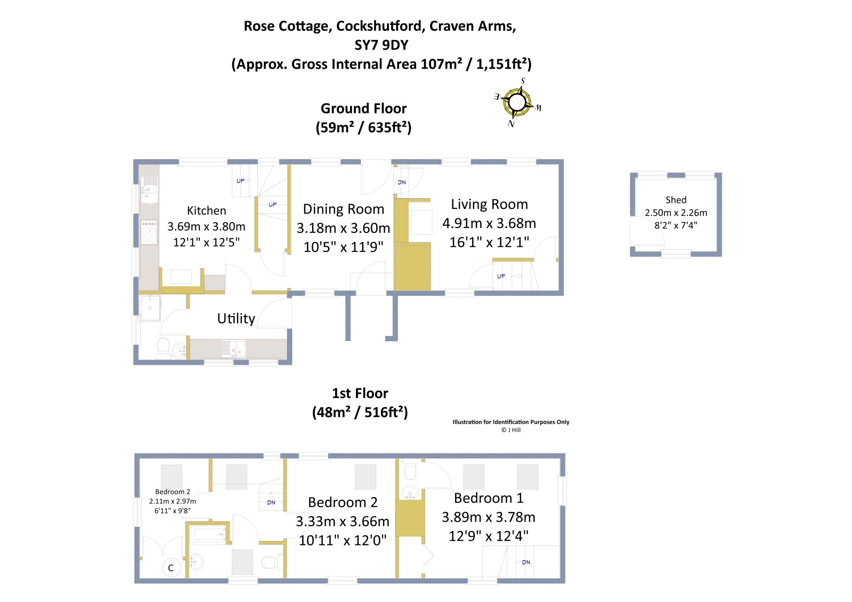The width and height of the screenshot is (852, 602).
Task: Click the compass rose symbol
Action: pyautogui.click(x=517, y=102)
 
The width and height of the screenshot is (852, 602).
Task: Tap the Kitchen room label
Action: pyautogui.click(x=206, y=210)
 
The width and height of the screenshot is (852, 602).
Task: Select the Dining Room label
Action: pyautogui.click(x=343, y=209)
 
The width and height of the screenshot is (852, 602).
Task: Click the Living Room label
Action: pyautogui.click(x=489, y=204)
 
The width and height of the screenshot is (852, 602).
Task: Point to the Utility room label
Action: pyautogui.click(x=236, y=319)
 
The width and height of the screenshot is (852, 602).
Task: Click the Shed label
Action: pyautogui.click(x=676, y=200)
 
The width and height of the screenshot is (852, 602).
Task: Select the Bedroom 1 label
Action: pyautogui.click(x=489, y=498)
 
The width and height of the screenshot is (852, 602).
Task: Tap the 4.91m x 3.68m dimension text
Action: pyautogui.click(x=489, y=223)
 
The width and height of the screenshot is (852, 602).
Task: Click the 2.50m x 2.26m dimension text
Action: pyautogui.click(x=676, y=213)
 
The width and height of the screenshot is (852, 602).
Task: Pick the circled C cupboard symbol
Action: pyautogui.click(x=171, y=568)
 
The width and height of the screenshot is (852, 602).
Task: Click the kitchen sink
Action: pyautogui.click(x=149, y=189)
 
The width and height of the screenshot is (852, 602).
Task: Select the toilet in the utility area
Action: pyautogui.click(x=164, y=347)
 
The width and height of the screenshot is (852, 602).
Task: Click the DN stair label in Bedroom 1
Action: pyautogui.click(x=526, y=562)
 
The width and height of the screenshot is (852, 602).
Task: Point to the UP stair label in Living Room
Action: pyautogui.click(x=501, y=276)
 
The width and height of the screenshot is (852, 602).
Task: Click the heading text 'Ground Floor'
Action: pyautogui.click(x=363, y=109)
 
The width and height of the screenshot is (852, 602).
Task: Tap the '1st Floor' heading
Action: pyautogui.click(x=360, y=393)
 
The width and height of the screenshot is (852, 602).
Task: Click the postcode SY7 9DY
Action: pyautogui.click(x=381, y=45)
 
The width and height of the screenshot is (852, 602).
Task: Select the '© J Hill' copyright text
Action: pyautogui.click(x=510, y=430)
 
